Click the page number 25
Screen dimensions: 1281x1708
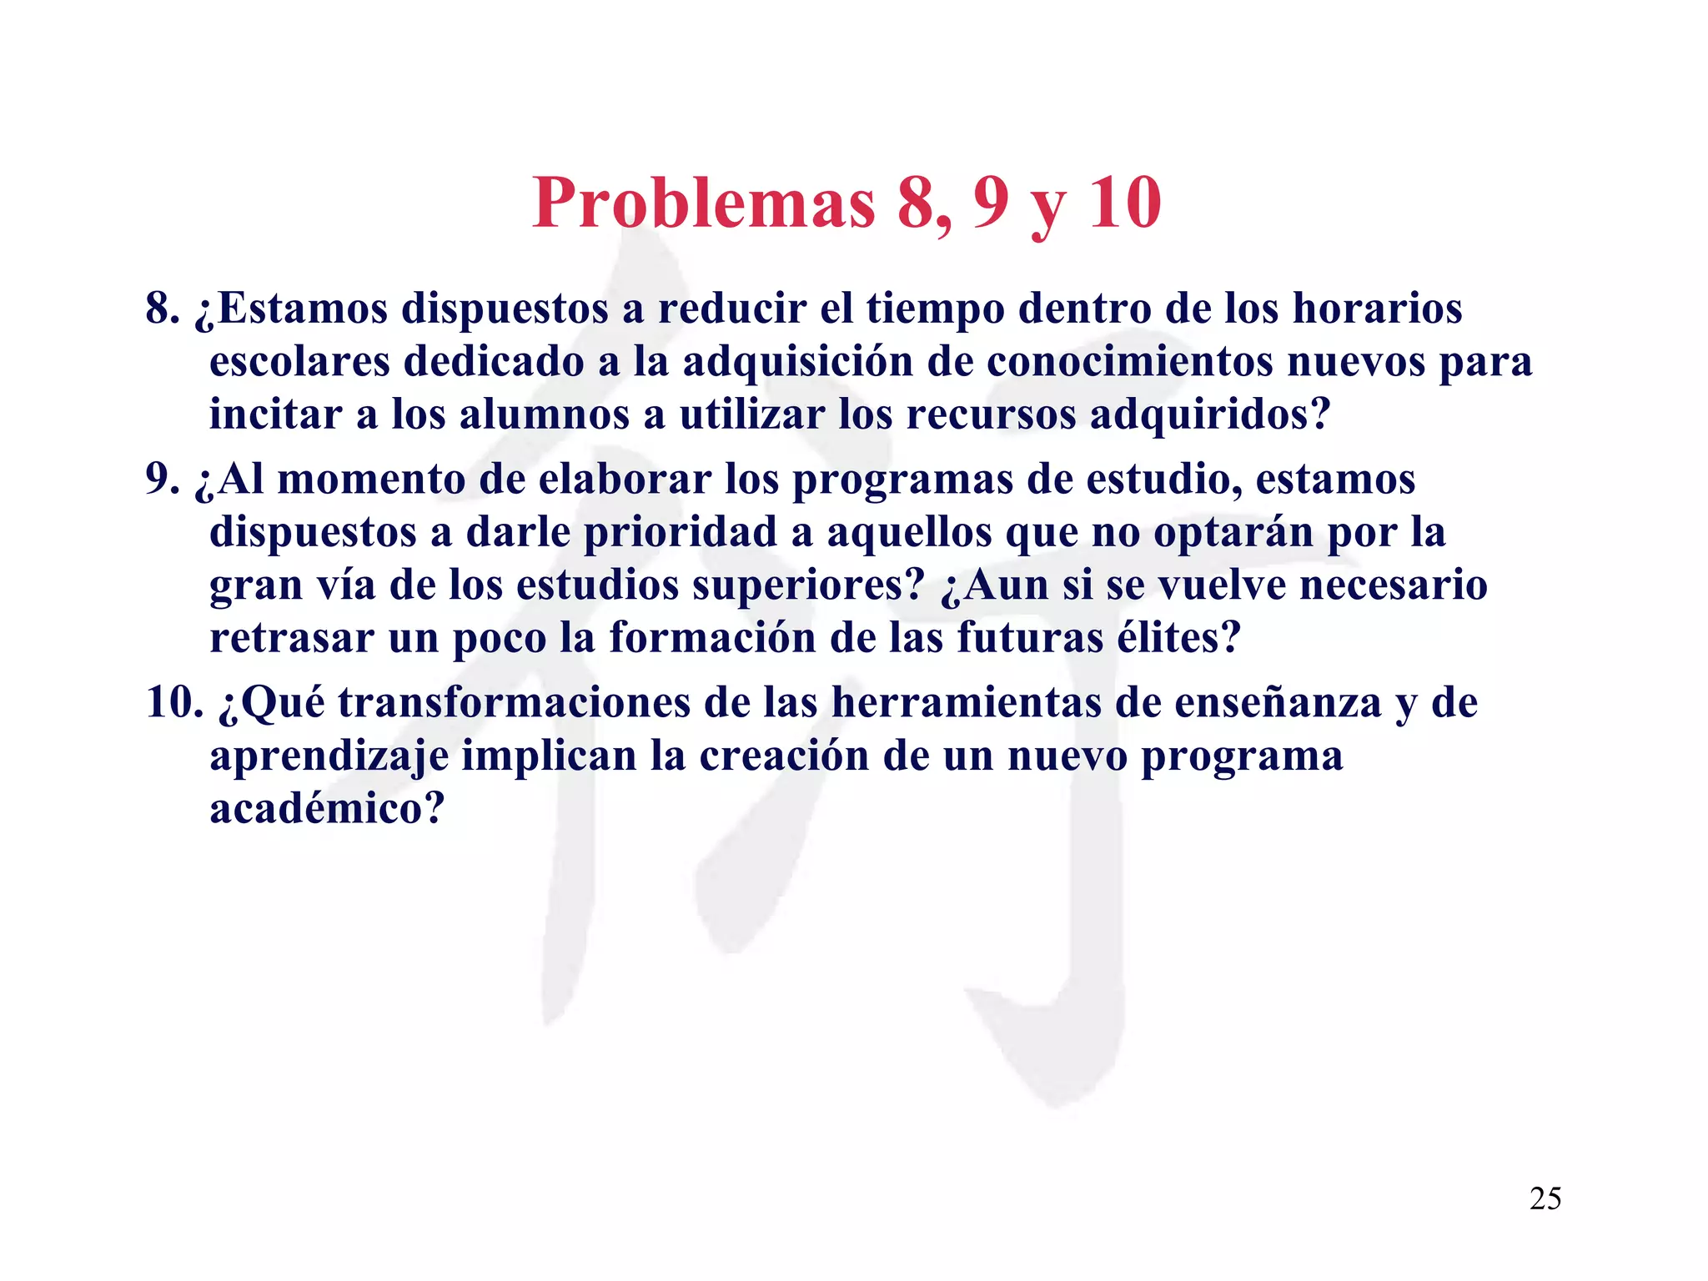1545,1198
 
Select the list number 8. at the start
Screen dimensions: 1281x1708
163,309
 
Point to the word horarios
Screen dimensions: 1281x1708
1377,309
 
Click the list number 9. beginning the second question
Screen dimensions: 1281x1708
163,480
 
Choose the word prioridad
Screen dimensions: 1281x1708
680,532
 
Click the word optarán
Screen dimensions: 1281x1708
1233,532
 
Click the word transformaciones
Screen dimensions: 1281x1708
514,702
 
